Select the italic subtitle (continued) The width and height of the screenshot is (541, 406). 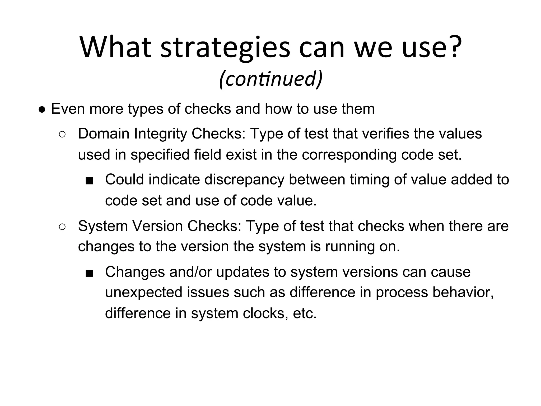click(x=270, y=79)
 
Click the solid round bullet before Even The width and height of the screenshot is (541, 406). click(x=42, y=109)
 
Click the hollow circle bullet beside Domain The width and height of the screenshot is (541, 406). click(x=62, y=134)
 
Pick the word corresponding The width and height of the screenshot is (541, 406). click(x=349, y=155)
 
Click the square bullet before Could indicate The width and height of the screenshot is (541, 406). click(x=89, y=181)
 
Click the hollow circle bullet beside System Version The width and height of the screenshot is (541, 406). click(x=62, y=227)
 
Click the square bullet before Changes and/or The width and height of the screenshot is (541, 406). click(x=89, y=273)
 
